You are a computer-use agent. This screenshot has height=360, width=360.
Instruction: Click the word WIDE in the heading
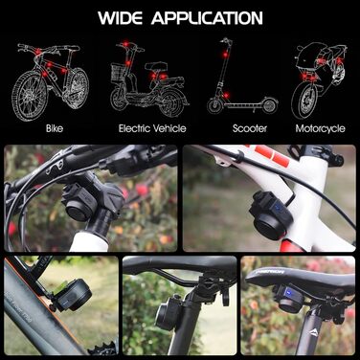(x=120, y=18)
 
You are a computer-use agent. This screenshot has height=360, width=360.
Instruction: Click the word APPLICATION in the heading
(x=207, y=18)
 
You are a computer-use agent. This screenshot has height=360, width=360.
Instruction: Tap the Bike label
(x=55, y=128)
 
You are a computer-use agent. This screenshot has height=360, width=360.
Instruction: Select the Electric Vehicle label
(x=152, y=128)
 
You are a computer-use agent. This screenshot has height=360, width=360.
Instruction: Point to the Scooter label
(x=250, y=128)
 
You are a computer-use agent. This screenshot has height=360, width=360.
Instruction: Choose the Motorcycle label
(x=320, y=128)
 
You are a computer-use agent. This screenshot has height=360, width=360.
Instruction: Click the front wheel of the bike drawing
(x=29, y=96)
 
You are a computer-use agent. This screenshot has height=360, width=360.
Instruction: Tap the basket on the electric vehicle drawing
(x=118, y=73)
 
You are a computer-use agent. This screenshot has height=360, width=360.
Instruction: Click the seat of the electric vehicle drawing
(x=156, y=66)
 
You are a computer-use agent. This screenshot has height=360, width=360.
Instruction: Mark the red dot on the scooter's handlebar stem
(x=225, y=55)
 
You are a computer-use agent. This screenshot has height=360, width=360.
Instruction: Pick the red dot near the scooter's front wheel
(x=226, y=96)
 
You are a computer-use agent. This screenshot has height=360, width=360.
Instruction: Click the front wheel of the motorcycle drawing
(x=304, y=101)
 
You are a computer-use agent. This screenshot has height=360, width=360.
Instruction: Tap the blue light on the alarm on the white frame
(x=279, y=209)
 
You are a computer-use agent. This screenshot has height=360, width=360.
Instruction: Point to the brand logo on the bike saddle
(x=271, y=272)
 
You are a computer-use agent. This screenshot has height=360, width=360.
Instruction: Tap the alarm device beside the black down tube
(x=73, y=295)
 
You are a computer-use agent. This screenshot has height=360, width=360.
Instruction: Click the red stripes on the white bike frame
(x=269, y=154)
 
